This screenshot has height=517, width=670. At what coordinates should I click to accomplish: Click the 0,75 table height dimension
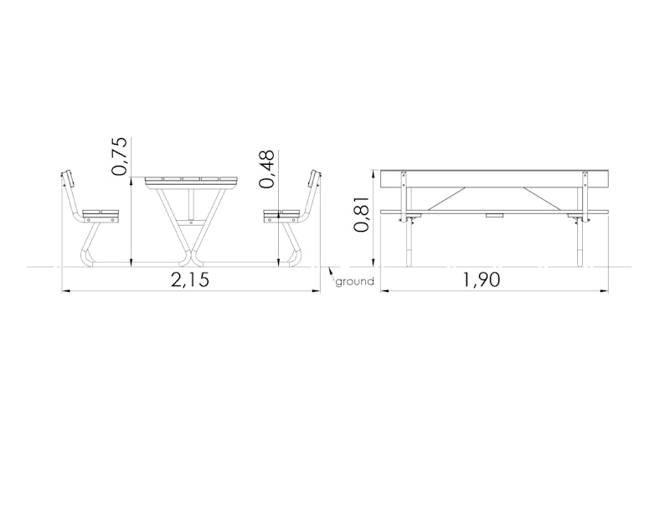119,156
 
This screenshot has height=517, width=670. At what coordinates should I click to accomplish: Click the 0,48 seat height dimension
266,169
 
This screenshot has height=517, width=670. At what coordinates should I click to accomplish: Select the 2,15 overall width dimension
190,280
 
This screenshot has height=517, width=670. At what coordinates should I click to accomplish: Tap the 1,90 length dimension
482,280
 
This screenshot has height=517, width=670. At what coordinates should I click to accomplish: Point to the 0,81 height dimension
361,214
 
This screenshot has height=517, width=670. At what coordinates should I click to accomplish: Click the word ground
354,281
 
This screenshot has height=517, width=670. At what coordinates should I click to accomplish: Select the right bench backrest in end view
315,179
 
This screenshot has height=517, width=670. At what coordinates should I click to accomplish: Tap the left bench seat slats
100,212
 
